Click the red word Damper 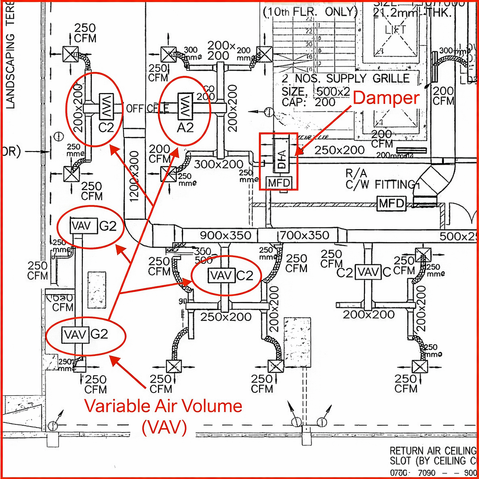point(385,98)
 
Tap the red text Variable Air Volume point(163,406)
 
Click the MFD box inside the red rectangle point(279,182)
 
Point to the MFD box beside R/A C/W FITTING point(391,203)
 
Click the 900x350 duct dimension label point(225,235)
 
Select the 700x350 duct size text point(305,235)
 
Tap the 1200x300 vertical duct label point(134,176)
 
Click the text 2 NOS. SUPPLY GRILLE point(346,79)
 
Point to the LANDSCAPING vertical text point(10,70)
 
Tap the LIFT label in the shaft point(395,30)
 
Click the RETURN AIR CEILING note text point(433,451)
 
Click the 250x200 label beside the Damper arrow point(339,150)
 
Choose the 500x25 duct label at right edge point(458,236)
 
